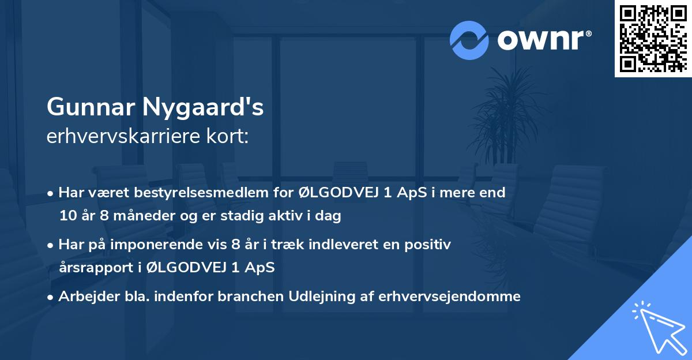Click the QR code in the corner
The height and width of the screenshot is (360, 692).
coord(653,38)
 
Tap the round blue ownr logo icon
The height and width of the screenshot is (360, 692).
coord(469,40)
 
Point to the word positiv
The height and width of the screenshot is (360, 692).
coord(428,245)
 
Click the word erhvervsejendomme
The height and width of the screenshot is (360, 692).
coord(449,297)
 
